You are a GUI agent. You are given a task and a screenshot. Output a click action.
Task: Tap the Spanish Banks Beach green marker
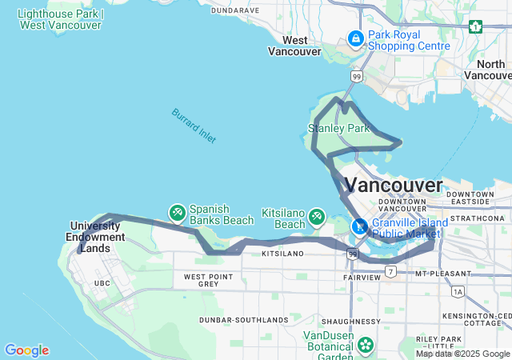[x=177, y=213]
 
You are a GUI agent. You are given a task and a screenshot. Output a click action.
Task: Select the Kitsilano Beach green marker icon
[x=317, y=216]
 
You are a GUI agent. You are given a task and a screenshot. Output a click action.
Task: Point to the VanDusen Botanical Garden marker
[x=366, y=345]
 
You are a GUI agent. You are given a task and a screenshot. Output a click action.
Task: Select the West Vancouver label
[x=294, y=46]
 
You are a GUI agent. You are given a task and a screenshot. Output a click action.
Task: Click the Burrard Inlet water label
[x=193, y=126]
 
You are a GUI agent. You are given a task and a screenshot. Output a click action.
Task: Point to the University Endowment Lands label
[x=98, y=231]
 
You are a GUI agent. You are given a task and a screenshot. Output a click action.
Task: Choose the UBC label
[x=102, y=283]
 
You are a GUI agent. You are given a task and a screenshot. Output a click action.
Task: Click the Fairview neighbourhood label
[x=363, y=278]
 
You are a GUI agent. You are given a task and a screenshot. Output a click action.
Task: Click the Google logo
[x=26, y=350]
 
